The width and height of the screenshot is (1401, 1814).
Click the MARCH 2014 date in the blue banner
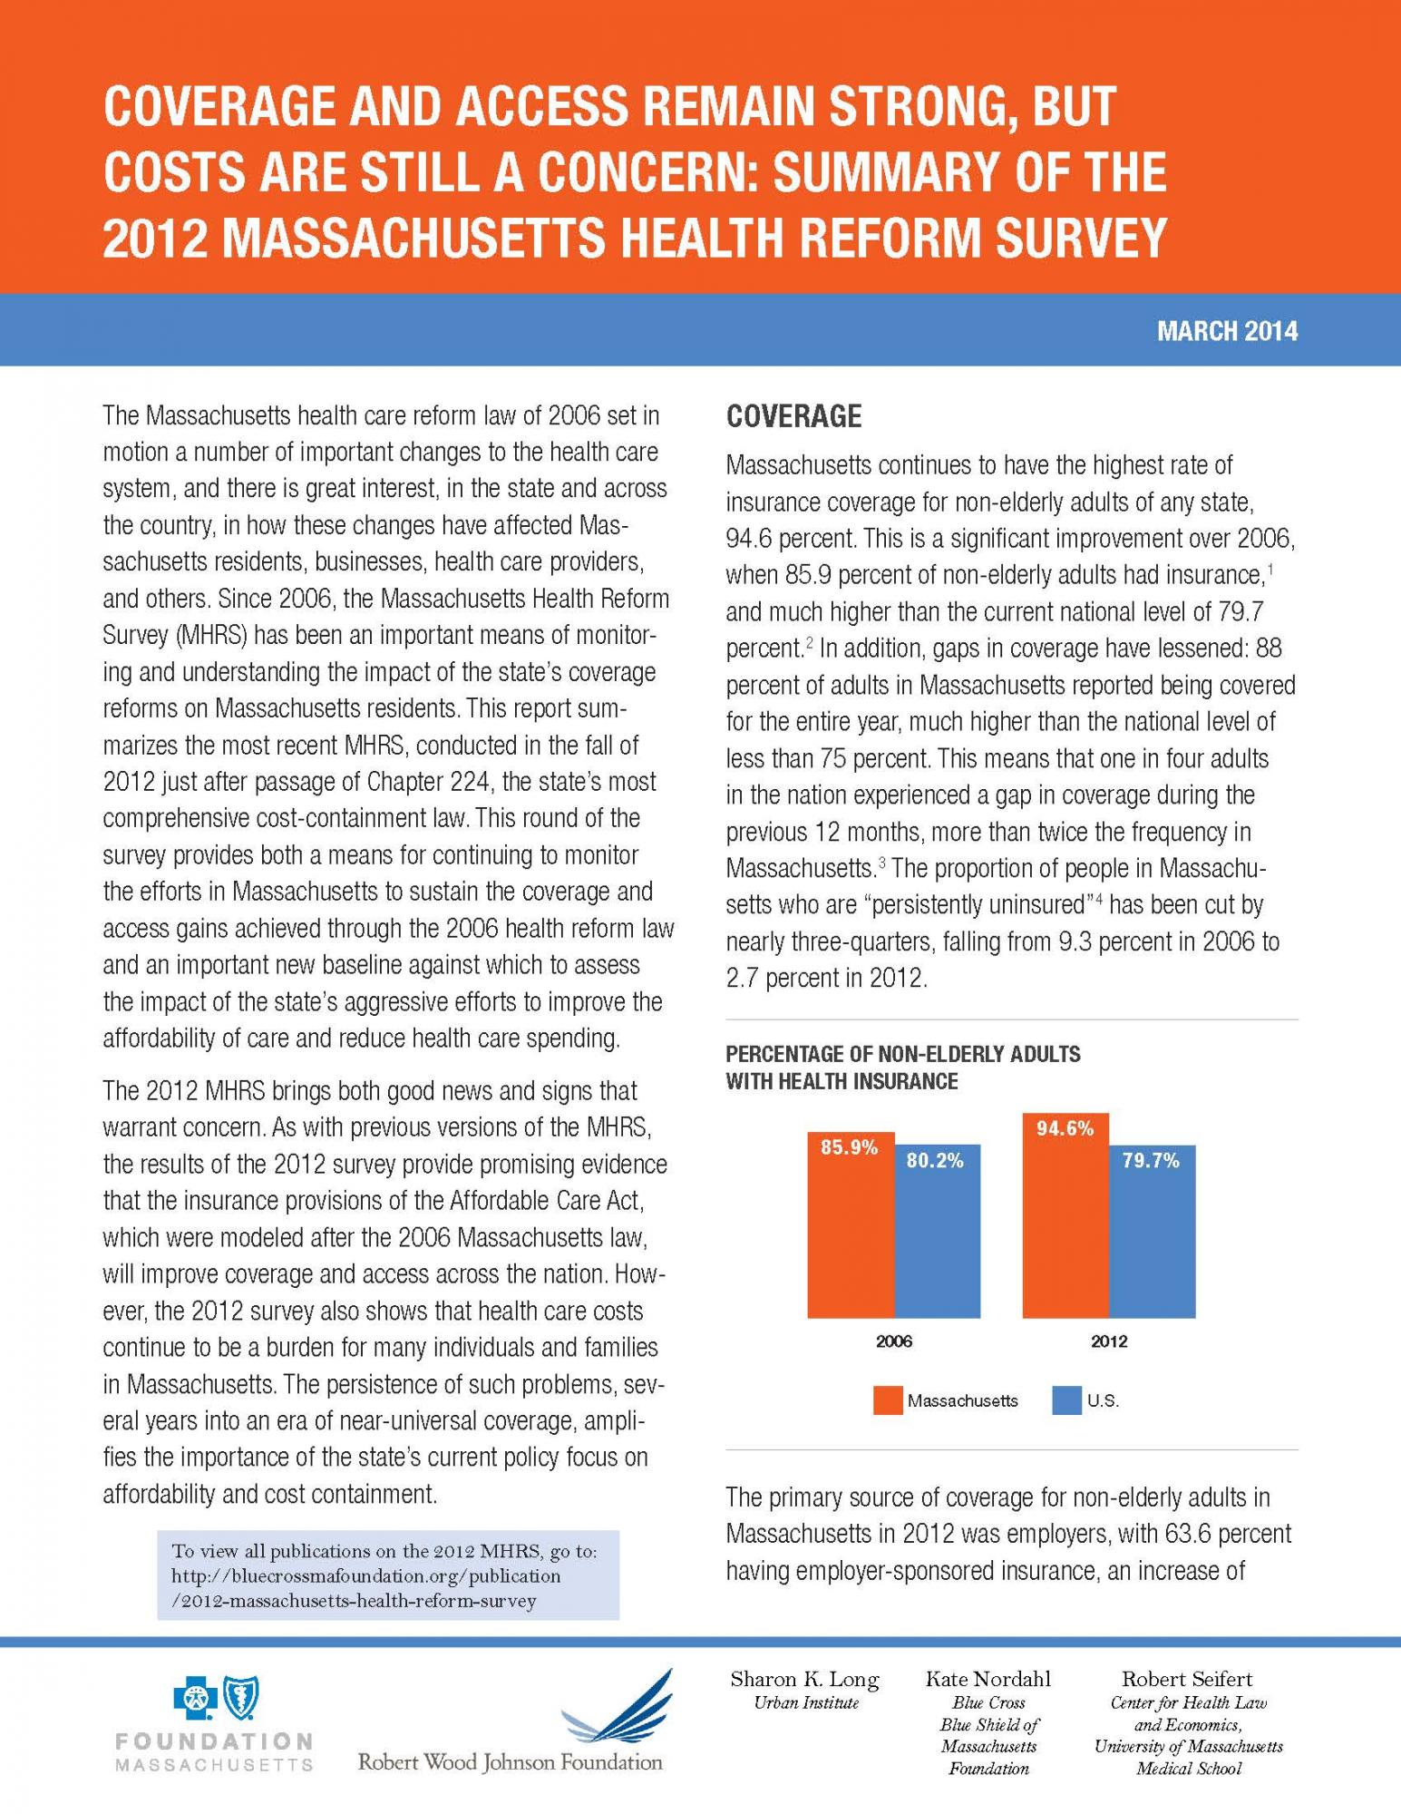pyautogui.click(x=1227, y=331)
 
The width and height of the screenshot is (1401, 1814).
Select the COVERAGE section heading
pyautogui.click(x=793, y=416)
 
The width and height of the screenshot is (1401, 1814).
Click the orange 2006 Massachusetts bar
pyautogui.click(x=851, y=1224)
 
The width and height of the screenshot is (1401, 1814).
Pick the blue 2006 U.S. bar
pyautogui.click(x=937, y=1231)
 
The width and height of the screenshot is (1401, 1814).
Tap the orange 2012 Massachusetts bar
pyautogui.click(x=1065, y=1215)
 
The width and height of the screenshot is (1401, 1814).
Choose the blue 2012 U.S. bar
pyautogui.click(x=1152, y=1232)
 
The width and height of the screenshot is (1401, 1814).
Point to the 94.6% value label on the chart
pyautogui.click(x=1065, y=1129)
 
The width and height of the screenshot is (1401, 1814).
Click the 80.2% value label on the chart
pyautogui.click(x=936, y=1160)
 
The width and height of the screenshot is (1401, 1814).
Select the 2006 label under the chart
pyautogui.click(x=894, y=1341)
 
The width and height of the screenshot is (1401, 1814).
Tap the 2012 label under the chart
pyautogui.click(x=1109, y=1341)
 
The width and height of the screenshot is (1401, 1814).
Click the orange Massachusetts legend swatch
pyautogui.click(x=889, y=1400)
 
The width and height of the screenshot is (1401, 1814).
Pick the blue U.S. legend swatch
pyautogui.click(x=1067, y=1400)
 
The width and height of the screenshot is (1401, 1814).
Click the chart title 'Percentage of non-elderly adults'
pyautogui.click(x=903, y=1054)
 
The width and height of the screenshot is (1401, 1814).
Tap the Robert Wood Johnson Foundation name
pyautogui.click(x=511, y=1762)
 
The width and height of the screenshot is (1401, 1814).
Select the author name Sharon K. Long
pyautogui.click(x=805, y=1679)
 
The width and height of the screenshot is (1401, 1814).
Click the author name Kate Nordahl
pyautogui.click(x=988, y=1679)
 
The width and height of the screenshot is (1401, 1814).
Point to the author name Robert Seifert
pyautogui.click(x=1188, y=1679)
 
